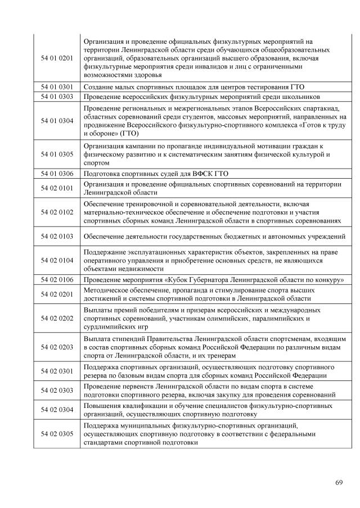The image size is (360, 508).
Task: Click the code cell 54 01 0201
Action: [x=57, y=58]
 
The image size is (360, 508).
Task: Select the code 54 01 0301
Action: [x=57, y=87]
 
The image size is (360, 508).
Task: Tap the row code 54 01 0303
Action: [x=57, y=96]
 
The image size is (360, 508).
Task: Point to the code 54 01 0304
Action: [x=57, y=121]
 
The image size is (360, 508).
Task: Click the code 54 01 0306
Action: [x=57, y=174]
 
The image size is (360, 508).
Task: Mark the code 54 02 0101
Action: [x=57, y=188]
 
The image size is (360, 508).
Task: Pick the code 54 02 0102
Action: [x=57, y=212]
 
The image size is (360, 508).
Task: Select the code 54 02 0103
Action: [x=57, y=237]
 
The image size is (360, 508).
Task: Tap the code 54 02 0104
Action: [x=57, y=261]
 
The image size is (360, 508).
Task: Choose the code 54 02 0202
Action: [x=57, y=319]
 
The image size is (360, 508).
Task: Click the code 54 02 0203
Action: [x=57, y=347]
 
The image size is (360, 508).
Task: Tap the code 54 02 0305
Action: [x=57, y=434]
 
